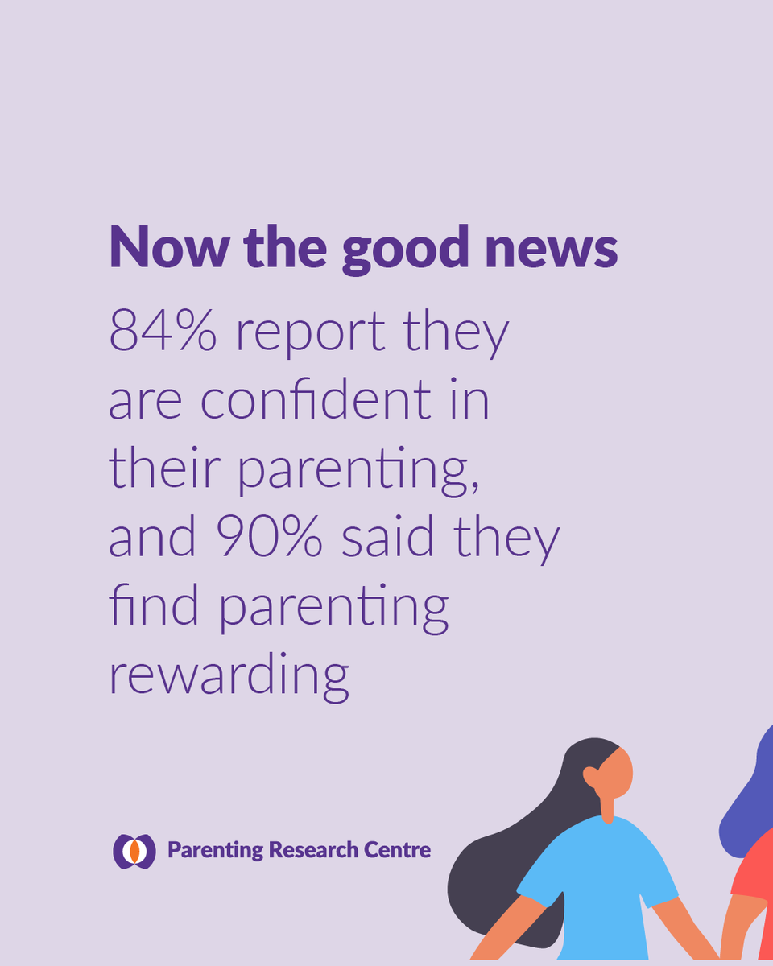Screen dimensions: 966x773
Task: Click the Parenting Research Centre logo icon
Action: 134,851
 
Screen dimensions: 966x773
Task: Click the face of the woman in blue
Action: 616,771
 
